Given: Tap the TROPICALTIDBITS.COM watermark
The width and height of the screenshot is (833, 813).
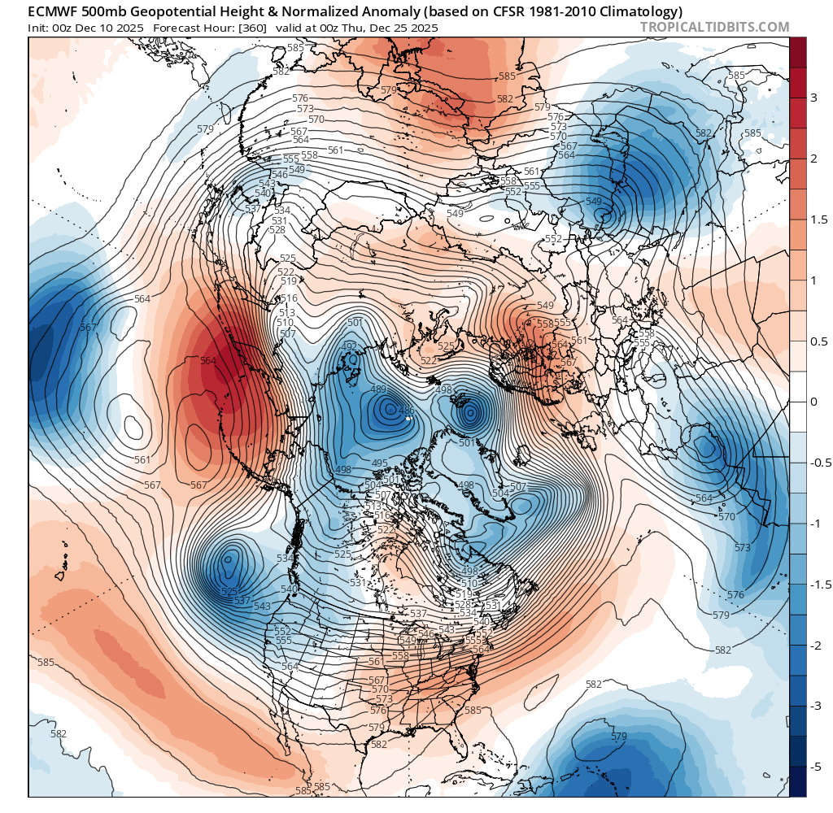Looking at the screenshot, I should pos(714,28).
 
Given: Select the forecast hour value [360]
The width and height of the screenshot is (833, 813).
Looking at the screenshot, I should pos(250,28).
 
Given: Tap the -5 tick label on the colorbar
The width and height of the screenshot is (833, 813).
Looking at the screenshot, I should pos(813,767).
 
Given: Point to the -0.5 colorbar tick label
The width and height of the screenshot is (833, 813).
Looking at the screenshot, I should pos(816,463).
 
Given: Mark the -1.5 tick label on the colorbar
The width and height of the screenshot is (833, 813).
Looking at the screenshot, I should pos(816,585).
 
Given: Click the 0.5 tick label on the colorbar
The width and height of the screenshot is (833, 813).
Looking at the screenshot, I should pos(814,341).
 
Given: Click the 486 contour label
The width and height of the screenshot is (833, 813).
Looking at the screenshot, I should pos(407,411).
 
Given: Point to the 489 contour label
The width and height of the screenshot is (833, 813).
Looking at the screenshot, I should pos(378,389).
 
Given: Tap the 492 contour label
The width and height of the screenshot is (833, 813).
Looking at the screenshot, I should pos(349,346).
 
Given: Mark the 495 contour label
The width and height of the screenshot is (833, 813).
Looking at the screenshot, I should pos(380,463).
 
